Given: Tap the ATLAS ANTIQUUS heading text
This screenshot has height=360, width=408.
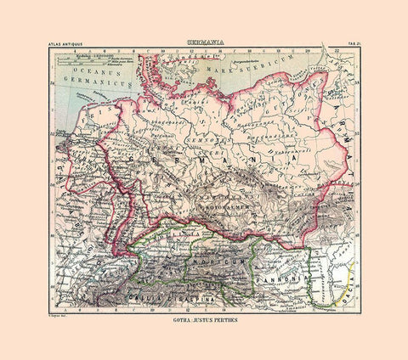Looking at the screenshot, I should tap(69, 45).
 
